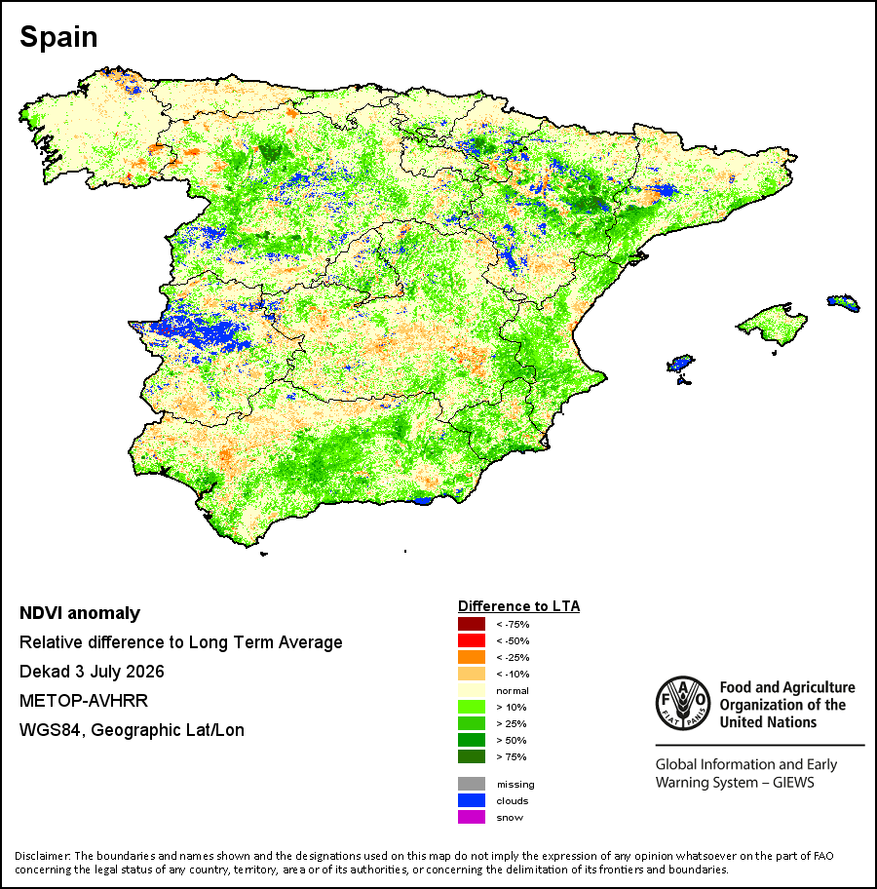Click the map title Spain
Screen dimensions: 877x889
point(58,37)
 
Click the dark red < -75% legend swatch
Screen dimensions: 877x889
point(472,624)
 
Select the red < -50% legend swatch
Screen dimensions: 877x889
point(472,640)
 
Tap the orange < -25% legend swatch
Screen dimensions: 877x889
point(472,657)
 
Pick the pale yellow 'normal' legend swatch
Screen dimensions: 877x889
point(472,690)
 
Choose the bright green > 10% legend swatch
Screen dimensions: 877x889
point(472,707)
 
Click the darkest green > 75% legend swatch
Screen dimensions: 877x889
point(472,756)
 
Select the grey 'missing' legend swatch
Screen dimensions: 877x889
point(472,784)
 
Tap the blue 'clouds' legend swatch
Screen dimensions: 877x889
point(472,800)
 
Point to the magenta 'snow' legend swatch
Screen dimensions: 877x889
point(472,817)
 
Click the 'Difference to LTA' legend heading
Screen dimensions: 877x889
point(518,606)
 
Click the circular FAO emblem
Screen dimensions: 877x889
point(683,703)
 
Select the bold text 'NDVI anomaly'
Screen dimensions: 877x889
point(80,613)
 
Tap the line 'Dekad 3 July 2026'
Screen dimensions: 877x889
point(92,672)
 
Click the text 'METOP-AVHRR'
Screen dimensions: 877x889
point(84,701)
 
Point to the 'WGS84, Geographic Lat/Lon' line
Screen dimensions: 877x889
point(133,730)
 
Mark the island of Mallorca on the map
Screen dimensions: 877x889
point(772,324)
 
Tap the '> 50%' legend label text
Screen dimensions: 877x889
point(512,741)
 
